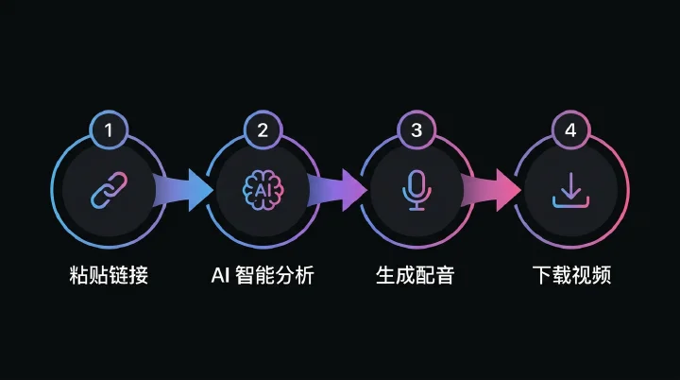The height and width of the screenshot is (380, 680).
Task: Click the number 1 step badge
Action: click(x=109, y=130)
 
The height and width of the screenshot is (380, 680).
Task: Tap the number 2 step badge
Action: click(x=263, y=130)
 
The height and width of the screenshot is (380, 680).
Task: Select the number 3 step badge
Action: click(x=416, y=130)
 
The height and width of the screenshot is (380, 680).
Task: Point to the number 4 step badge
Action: click(x=570, y=130)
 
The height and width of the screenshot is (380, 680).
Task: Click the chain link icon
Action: click(x=109, y=190)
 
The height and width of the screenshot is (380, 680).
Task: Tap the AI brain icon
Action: click(x=263, y=190)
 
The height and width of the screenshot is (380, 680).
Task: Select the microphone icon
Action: click(x=416, y=191)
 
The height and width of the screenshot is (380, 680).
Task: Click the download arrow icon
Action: click(x=570, y=191)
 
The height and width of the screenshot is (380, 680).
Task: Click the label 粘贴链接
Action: click(x=109, y=275)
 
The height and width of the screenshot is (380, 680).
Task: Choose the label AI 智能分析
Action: click(x=263, y=275)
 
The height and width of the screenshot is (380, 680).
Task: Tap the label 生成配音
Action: click(x=415, y=275)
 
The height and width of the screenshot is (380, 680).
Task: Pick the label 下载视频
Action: click(x=571, y=275)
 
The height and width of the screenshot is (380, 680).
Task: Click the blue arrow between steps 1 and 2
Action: click(x=183, y=190)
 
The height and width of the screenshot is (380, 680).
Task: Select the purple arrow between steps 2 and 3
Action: click(x=337, y=190)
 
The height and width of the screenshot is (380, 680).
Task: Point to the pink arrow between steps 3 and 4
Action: click(x=491, y=190)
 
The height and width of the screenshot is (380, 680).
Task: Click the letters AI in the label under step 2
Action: click(x=220, y=275)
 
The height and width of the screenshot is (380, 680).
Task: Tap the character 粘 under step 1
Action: click(x=79, y=275)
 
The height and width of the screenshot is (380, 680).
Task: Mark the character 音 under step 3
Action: click(x=445, y=275)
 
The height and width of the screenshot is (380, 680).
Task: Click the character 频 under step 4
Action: click(x=602, y=275)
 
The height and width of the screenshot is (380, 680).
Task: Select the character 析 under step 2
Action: click(x=304, y=275)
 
